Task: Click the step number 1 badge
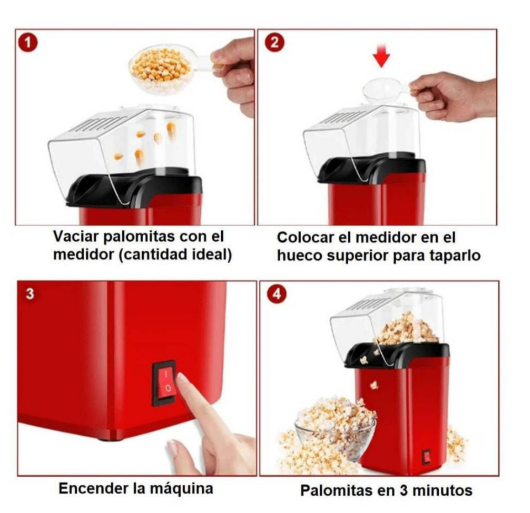click(x=28, y=43)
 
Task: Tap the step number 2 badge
click(x=274, y=43)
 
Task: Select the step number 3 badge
click(x=30, y=293)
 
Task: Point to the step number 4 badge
click(x=277, y=294)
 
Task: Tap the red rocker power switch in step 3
click(x=164, y=383)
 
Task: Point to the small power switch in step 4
click(x=426, y=457)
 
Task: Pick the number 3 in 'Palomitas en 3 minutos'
click(x=404, y=490)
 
